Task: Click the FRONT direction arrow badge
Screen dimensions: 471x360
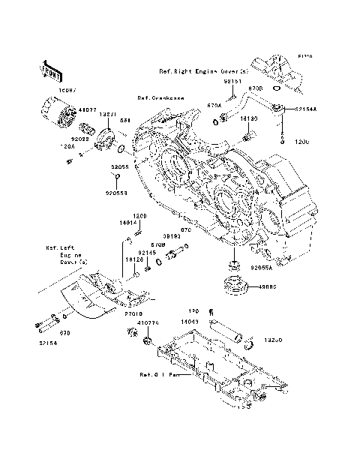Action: click(x=51, y=70)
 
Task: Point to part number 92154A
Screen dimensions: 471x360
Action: click(x=305, y=109)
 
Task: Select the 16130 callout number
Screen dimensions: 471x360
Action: click(x=250, y=118)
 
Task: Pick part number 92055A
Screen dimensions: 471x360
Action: click(x=262, y=267)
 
